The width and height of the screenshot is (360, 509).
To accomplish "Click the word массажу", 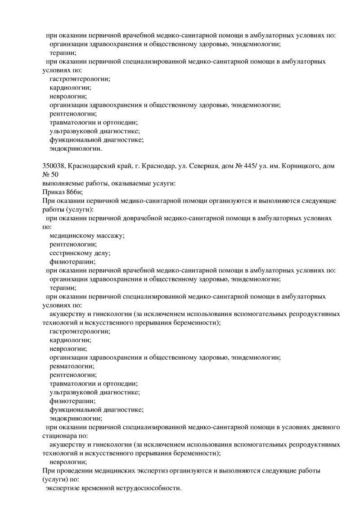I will click(x=108, y=236).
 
